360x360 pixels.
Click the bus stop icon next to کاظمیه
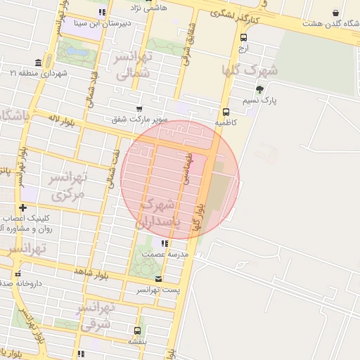226,112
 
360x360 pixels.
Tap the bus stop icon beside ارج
243,38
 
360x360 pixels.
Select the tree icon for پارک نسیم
260,89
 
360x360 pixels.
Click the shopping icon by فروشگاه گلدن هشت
335,13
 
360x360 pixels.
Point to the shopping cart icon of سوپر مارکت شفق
139,108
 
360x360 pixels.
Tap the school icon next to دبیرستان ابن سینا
102,12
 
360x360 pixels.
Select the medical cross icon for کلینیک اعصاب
24,208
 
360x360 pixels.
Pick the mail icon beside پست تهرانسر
158,279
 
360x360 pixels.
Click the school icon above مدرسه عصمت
165,243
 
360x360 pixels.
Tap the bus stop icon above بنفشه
137,330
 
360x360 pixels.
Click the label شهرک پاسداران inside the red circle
162,212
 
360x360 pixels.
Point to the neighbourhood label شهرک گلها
250,70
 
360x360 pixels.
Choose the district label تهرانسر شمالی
131,64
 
